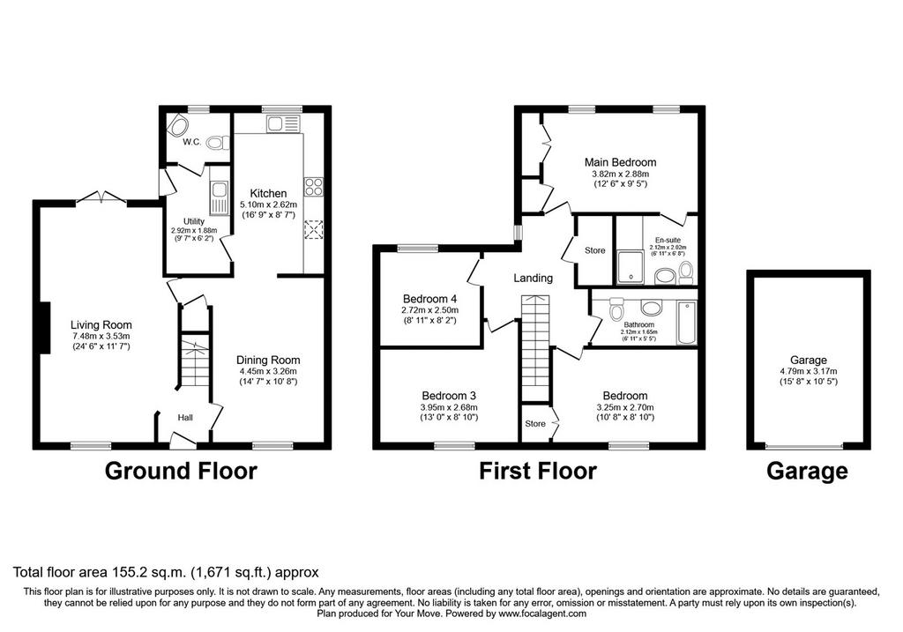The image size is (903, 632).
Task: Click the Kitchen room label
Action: click(x=268, y=193)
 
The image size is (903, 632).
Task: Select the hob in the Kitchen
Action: click(x=313, y=186)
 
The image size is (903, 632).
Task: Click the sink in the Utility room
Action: click(x=219, y=197)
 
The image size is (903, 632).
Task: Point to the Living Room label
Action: click(x=101, y=325)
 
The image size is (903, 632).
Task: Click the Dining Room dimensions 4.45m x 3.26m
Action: click(x=268, y=371)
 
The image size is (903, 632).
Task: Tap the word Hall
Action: click(x=185, y=418)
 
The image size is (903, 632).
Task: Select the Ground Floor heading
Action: click(x=181, y=471)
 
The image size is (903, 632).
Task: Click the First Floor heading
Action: click(x=538, y=471)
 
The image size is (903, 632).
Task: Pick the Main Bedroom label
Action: click(x=620, y=162)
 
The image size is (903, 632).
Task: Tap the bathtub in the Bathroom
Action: click(x=686, y=323)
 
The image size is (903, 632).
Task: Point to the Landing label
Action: click(x=534, y=278)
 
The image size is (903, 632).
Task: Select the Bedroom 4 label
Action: click(x=429, y=299)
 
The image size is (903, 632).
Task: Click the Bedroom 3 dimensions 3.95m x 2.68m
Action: click(x=449, y=407)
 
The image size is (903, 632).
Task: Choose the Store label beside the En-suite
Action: click(x=595, y=250)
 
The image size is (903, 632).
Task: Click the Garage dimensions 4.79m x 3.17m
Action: click(x=809, y=371)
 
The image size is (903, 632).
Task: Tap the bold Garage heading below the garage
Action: click(x=807, y=471)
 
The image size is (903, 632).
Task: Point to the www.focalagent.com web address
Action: click(x=542, y=613)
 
